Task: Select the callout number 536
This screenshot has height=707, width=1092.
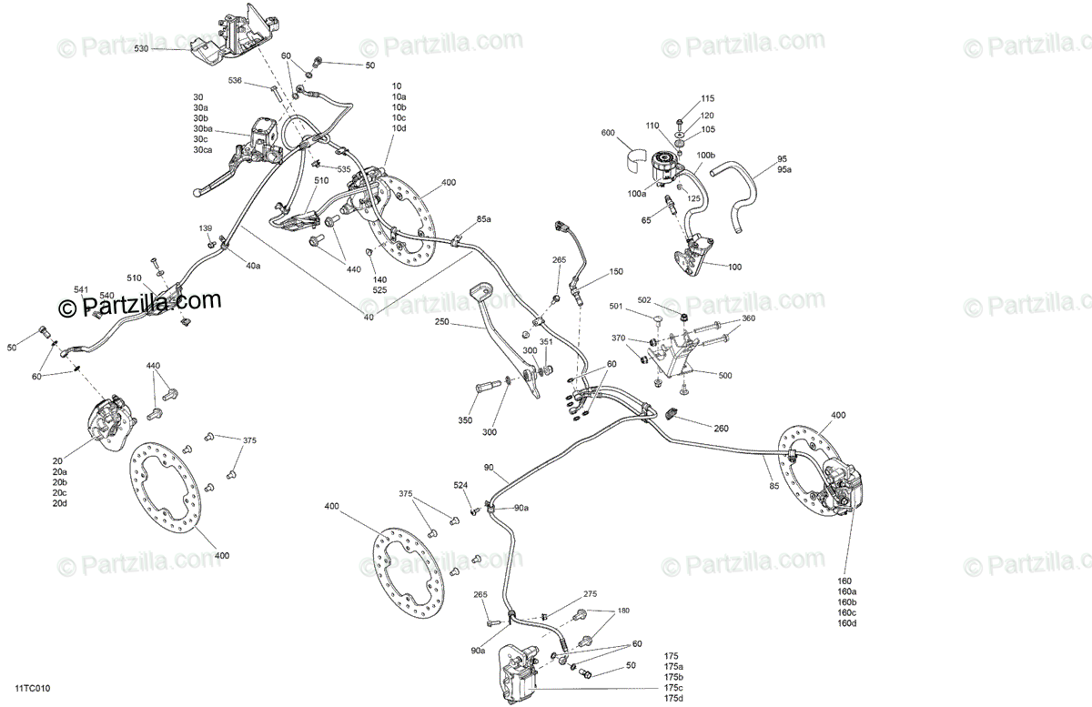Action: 235,81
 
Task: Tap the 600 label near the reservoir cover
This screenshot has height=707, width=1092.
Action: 609,134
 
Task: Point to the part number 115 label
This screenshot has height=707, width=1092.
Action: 708,98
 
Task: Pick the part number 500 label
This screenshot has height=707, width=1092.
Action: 725,375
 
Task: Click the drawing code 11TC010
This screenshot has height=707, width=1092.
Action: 32,690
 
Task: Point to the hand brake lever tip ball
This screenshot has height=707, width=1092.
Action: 197,192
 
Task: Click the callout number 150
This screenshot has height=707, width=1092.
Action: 616,272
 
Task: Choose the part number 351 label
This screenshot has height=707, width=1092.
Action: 546,343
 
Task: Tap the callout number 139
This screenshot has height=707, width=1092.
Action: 206,227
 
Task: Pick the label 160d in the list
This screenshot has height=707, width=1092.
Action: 847,623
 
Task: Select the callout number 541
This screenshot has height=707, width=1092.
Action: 81,290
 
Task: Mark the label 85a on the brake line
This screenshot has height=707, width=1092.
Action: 483,220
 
